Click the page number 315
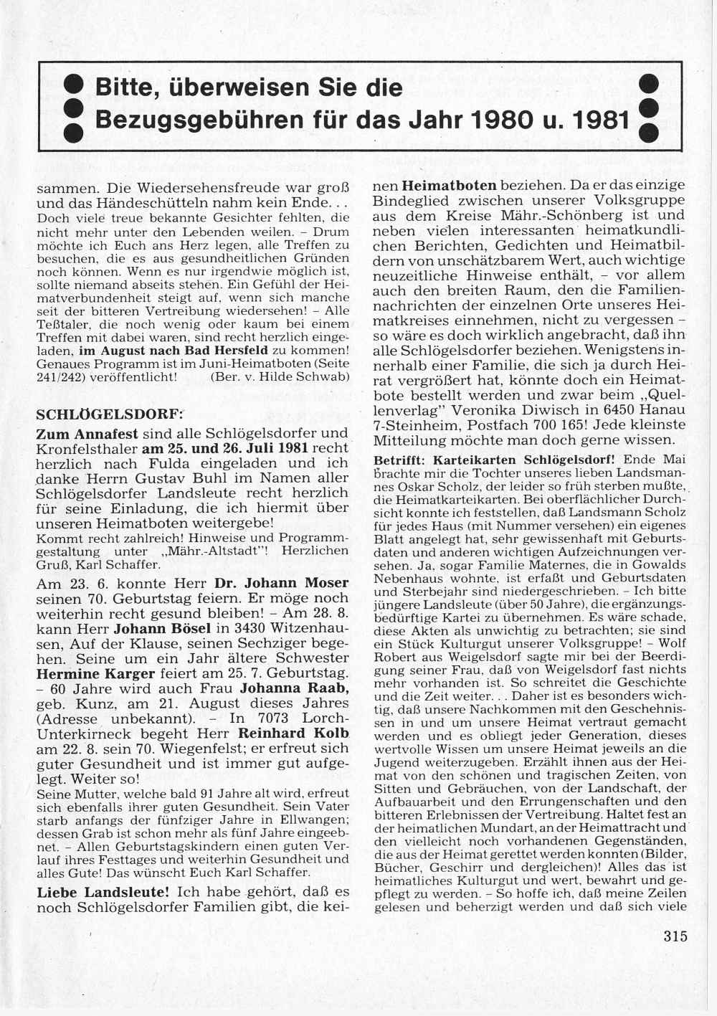[675, 936]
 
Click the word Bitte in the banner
[124, 88]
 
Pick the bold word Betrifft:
[401, 460]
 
